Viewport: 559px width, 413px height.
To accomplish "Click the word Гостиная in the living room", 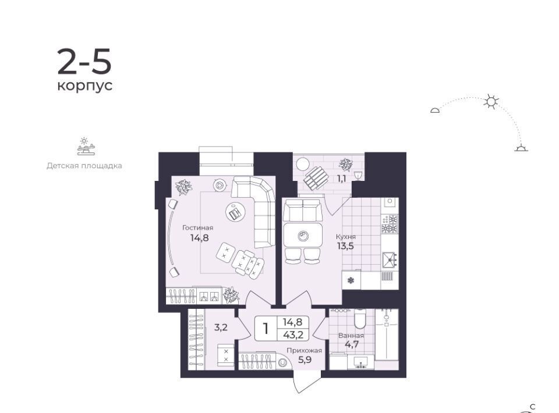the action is [197, 228].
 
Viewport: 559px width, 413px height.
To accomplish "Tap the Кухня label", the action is [346, 236].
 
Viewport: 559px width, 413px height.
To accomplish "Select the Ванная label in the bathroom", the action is [351, 336].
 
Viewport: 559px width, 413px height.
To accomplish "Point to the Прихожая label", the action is [304, 350].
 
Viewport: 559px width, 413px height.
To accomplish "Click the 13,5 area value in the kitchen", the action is [345, 245].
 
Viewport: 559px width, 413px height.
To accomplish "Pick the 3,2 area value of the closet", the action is [221, 327].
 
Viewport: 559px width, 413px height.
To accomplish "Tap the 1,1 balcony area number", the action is [342, 179].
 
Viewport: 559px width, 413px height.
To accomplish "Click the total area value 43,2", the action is [293, 334].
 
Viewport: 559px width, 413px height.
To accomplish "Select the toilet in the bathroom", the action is [360, 318].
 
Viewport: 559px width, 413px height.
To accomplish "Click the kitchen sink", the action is [390, 260].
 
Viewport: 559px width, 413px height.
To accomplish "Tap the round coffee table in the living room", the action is [235, 212].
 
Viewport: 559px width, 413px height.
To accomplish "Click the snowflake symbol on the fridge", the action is [351, 280].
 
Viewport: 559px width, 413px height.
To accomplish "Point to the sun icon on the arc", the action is [491, 102].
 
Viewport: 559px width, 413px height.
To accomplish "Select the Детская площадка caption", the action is [84, 166].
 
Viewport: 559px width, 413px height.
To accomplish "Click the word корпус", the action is [85, 86].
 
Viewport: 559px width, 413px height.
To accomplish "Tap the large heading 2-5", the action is [84, 62].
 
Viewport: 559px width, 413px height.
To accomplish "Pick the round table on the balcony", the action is [303, 164].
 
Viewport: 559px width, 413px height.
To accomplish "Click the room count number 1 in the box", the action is [266, 329].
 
